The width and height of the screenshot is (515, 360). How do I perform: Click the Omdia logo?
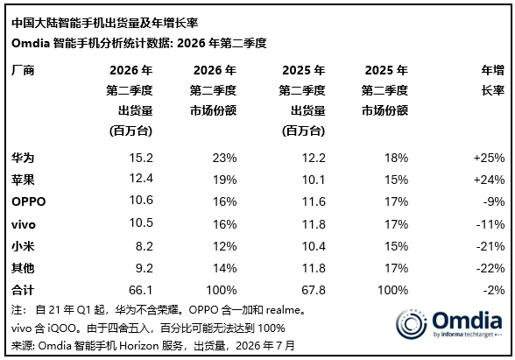click(x=449, y=324)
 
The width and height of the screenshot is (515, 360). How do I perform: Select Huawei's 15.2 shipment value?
click(x=141, y=158)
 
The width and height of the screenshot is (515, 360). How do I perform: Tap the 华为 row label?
click(x=23, y=158)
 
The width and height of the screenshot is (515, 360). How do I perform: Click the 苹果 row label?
click(x=23, y=180)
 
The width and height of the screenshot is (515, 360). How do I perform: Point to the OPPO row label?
click(x=29, y=201)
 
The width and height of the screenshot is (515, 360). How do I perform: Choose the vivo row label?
click(x=24, y=224)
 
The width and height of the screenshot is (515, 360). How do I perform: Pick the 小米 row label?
click(x=23, y=246)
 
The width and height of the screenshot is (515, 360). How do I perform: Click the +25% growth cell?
click(x=489, y=158)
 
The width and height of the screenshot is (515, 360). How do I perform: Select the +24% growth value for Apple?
click(x=489, y=180)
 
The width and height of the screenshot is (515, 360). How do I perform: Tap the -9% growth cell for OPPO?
click(x=494, y=201)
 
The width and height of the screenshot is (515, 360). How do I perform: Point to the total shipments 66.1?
click(x=140, y=290)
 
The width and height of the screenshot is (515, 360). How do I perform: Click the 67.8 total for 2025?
click(x=314, y=290)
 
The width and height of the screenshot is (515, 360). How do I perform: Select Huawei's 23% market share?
click(x=224, y=158)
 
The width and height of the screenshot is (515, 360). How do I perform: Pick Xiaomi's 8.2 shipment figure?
click(x=145, y=246)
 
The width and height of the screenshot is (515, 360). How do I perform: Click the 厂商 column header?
click(x=23, y=70)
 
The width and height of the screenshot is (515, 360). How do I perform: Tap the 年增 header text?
click(x=493, y=70)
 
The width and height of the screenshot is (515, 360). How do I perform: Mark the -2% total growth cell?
click(x=494, y=290)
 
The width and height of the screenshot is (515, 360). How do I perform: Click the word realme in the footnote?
click(x=283, y=310)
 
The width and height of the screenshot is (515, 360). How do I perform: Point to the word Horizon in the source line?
click(x=138, y=345)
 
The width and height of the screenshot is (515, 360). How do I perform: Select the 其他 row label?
click(x=23, y=268)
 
